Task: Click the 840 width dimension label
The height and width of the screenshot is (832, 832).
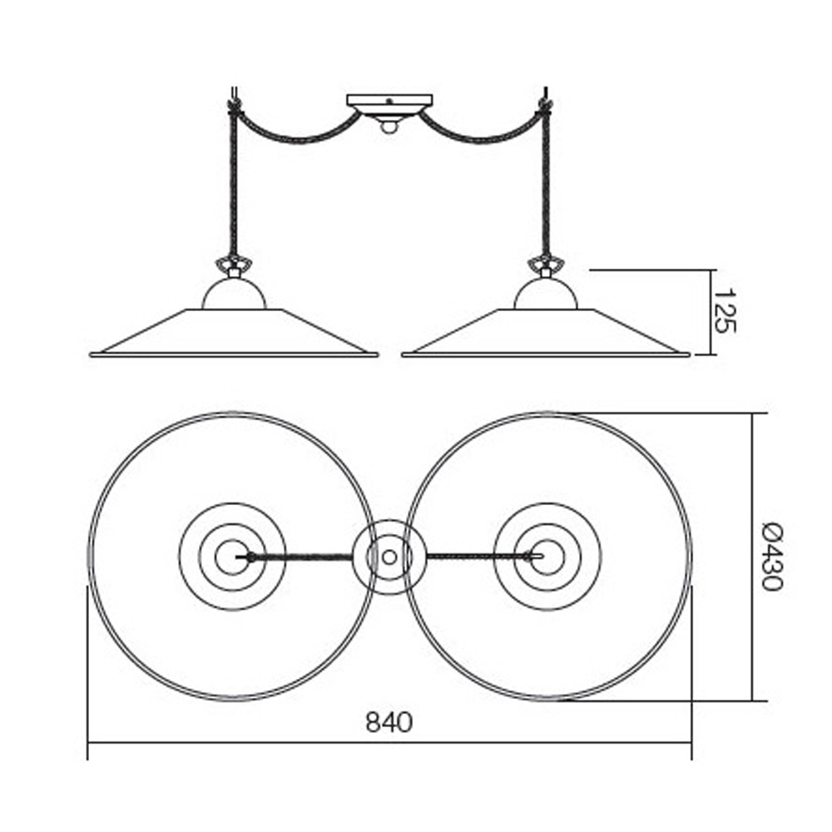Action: tap(389, 722)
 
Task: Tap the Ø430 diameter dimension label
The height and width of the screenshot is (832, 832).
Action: tap(773, 556)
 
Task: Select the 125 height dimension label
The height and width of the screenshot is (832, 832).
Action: tap(726, 311)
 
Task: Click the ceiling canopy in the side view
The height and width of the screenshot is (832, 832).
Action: tap(389, 103)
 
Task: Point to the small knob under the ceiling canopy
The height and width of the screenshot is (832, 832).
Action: tap(389, 126)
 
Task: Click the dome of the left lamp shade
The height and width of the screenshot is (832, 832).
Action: tap(234, 295)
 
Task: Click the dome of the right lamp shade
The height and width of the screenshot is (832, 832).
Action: tap(546, 295)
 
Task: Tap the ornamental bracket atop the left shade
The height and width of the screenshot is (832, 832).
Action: tap(234, 265)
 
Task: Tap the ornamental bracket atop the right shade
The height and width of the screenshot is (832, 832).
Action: tap(546, 265)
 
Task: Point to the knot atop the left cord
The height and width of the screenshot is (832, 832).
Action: tap(233, 106)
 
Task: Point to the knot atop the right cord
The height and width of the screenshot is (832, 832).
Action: tap(546, 106)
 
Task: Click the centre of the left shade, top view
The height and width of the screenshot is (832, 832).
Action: tap(232, 557)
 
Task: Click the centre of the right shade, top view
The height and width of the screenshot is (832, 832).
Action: tap(547, 557)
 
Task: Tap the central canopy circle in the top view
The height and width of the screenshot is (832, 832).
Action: tap(389, 557)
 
